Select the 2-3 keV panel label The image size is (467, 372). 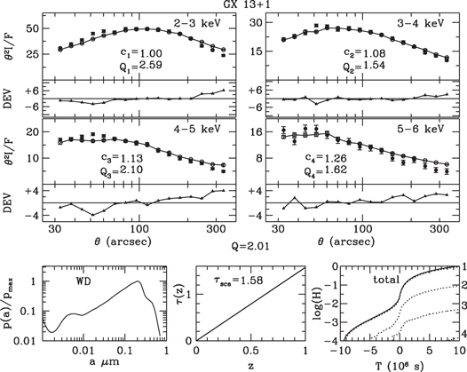coord(203,19)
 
